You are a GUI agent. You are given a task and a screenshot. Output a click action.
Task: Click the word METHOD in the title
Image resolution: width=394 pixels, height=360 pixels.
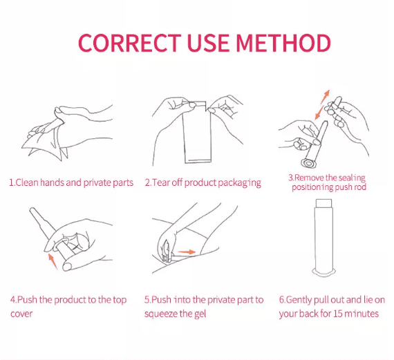(x=283, y=43)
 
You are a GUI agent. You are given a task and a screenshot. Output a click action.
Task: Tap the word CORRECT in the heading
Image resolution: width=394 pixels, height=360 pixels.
(x=130, y=43)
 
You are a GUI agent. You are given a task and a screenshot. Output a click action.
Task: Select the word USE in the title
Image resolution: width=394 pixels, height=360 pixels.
(x=208, y=43)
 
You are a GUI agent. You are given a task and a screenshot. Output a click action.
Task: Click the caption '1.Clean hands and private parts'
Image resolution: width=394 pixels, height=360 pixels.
(x=71, y=182)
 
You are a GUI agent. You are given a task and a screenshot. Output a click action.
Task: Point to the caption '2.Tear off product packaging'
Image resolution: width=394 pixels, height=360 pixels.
(x=203, y=183)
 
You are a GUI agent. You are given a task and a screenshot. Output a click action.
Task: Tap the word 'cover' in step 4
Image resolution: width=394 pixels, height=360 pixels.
(x=21, y=314)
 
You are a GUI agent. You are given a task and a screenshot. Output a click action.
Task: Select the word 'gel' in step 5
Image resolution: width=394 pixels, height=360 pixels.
(x=200, y=314)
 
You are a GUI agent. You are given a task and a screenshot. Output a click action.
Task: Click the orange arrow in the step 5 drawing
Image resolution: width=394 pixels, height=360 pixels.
(x=187, y=252)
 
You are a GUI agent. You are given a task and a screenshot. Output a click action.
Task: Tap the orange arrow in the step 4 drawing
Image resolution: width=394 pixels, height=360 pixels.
(x=53, y=261)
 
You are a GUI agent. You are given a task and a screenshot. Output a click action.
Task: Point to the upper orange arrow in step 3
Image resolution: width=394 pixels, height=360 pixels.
(x=325, y=97)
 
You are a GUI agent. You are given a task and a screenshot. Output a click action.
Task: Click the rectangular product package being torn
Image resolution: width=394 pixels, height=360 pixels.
(x=196, y=132)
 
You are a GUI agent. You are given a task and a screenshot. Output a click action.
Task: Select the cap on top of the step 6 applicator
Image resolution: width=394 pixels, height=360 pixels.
(x=324, y=203)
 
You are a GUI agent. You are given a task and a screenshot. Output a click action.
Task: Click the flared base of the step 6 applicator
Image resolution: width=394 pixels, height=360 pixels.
(x=324, y=272)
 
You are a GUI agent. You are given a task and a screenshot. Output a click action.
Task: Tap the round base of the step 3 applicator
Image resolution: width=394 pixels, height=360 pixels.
(x=308, y=164)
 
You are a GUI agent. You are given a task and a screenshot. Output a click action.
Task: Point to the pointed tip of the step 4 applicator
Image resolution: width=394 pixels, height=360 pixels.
(x=31, y=209)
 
